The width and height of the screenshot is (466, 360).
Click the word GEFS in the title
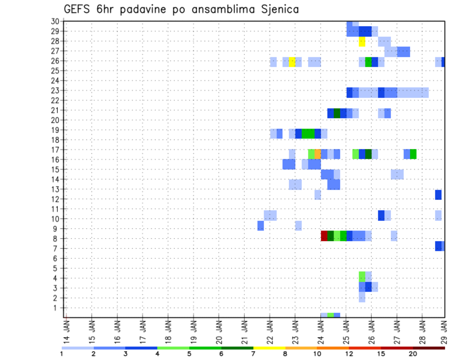point(79,9)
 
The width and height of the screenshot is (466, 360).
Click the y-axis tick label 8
point(57,239)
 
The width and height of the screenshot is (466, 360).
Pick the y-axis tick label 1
point(57,308)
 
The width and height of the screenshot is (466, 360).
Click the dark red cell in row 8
point(324,236)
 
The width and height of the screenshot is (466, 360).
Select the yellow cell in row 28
point(362,41)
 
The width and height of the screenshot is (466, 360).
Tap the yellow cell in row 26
point(292,62)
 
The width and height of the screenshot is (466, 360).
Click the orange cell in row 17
point(317,154)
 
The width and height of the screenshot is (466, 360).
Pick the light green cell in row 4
point(362,276)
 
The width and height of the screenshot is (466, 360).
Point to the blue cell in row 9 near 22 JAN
point(261,226)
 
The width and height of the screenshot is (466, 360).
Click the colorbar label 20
point(413,354)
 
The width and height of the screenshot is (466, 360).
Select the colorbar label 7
point(253,354)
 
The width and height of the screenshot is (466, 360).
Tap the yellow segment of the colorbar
point(269,348)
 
